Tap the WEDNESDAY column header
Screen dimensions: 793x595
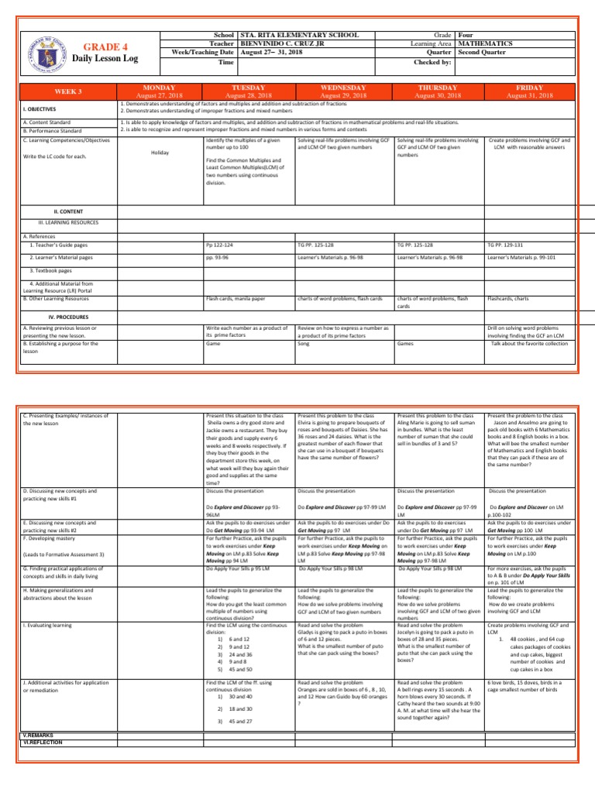tap(345, 88)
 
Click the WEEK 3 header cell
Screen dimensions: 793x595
tap(69, 91)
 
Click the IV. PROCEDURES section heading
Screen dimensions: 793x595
tap(68, 317)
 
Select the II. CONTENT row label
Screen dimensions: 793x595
tap(68, 211)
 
